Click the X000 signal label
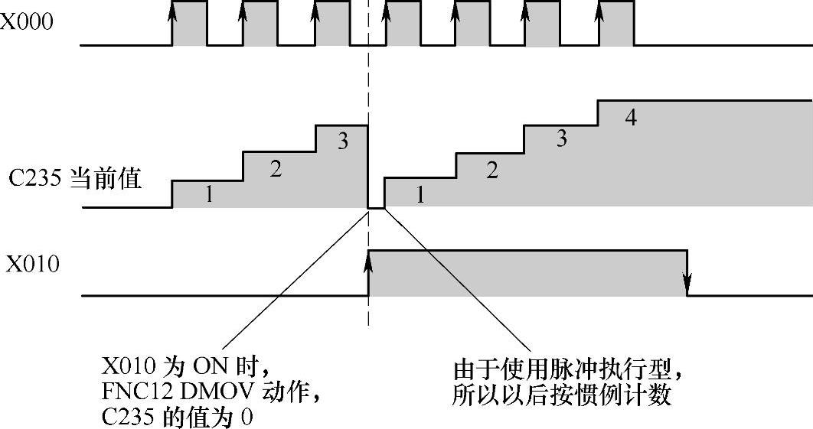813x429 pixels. click(27, 22)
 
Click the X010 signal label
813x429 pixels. click(33, 265)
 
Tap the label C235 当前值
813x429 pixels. click(75, 180)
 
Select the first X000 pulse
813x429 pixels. click(189, 24)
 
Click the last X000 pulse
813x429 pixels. click(617, 24)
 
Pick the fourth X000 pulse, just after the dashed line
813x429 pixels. click(402, 24)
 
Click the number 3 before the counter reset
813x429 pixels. click(343, 141)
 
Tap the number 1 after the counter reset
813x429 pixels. click(420, 195)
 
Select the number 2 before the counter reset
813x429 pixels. click(276, 170)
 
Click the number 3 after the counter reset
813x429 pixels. click(561, 139)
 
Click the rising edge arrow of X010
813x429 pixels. click(369, 264)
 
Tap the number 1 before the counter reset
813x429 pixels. click(208, 195)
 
